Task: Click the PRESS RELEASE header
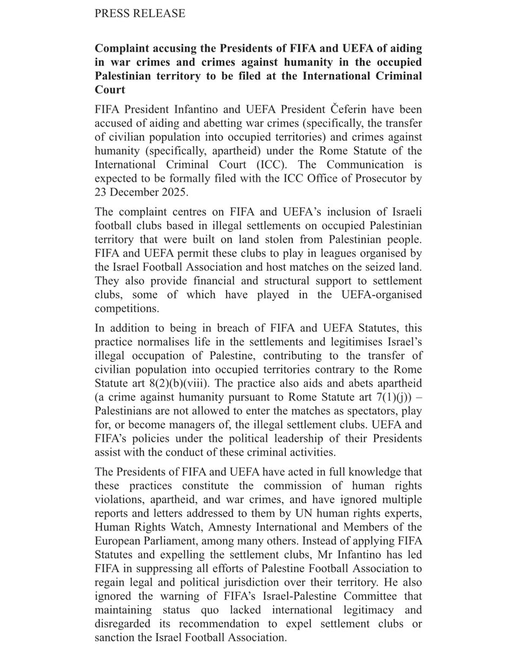coord(139,14)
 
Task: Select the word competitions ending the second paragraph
coord(125,309)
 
